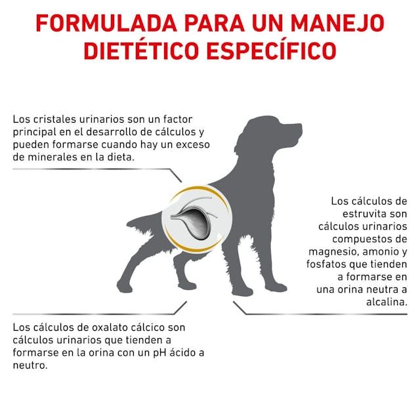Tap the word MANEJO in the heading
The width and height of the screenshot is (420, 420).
337,24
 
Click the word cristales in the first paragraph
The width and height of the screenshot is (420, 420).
55,119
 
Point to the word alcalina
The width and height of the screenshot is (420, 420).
387,302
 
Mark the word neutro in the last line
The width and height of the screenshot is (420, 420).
30,366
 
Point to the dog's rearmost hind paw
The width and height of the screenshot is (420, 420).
124,287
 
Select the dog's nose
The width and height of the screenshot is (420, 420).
301,127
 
